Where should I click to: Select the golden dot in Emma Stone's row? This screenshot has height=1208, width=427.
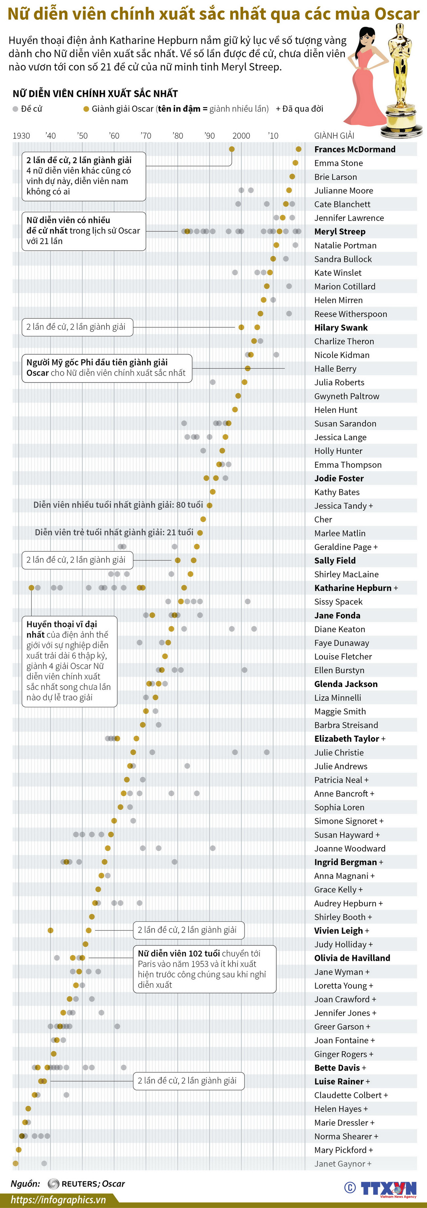295,163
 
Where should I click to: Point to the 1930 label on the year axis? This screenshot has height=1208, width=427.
21,135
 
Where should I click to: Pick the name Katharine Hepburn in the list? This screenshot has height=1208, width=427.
352,588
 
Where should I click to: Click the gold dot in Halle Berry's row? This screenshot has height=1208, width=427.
247,369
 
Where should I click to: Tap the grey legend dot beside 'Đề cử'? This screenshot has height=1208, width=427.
15,109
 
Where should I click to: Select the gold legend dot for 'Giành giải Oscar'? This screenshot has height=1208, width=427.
86,109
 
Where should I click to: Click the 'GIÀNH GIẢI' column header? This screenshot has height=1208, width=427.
334,135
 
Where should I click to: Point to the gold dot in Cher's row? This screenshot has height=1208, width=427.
203,519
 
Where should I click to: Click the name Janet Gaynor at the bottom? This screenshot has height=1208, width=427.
339,1163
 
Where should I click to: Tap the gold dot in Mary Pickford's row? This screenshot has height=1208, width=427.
19,1150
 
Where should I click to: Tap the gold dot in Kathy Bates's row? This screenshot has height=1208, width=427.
212,492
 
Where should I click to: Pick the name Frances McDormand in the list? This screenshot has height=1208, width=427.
354,149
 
